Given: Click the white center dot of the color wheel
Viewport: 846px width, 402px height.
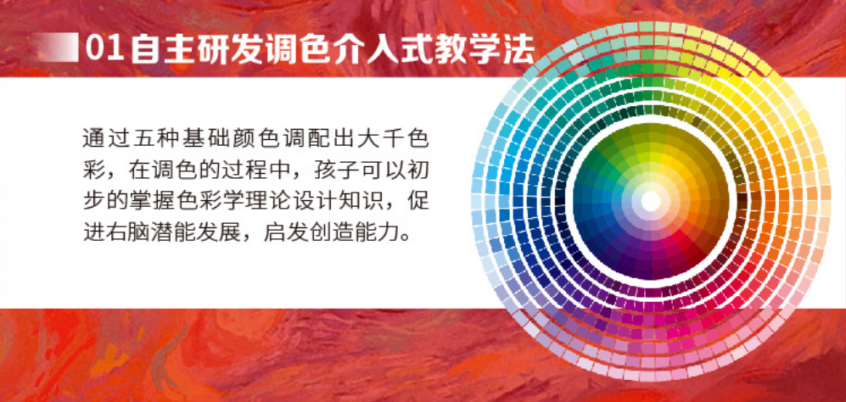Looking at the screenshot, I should pyautogui.click(x=651, y=201).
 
